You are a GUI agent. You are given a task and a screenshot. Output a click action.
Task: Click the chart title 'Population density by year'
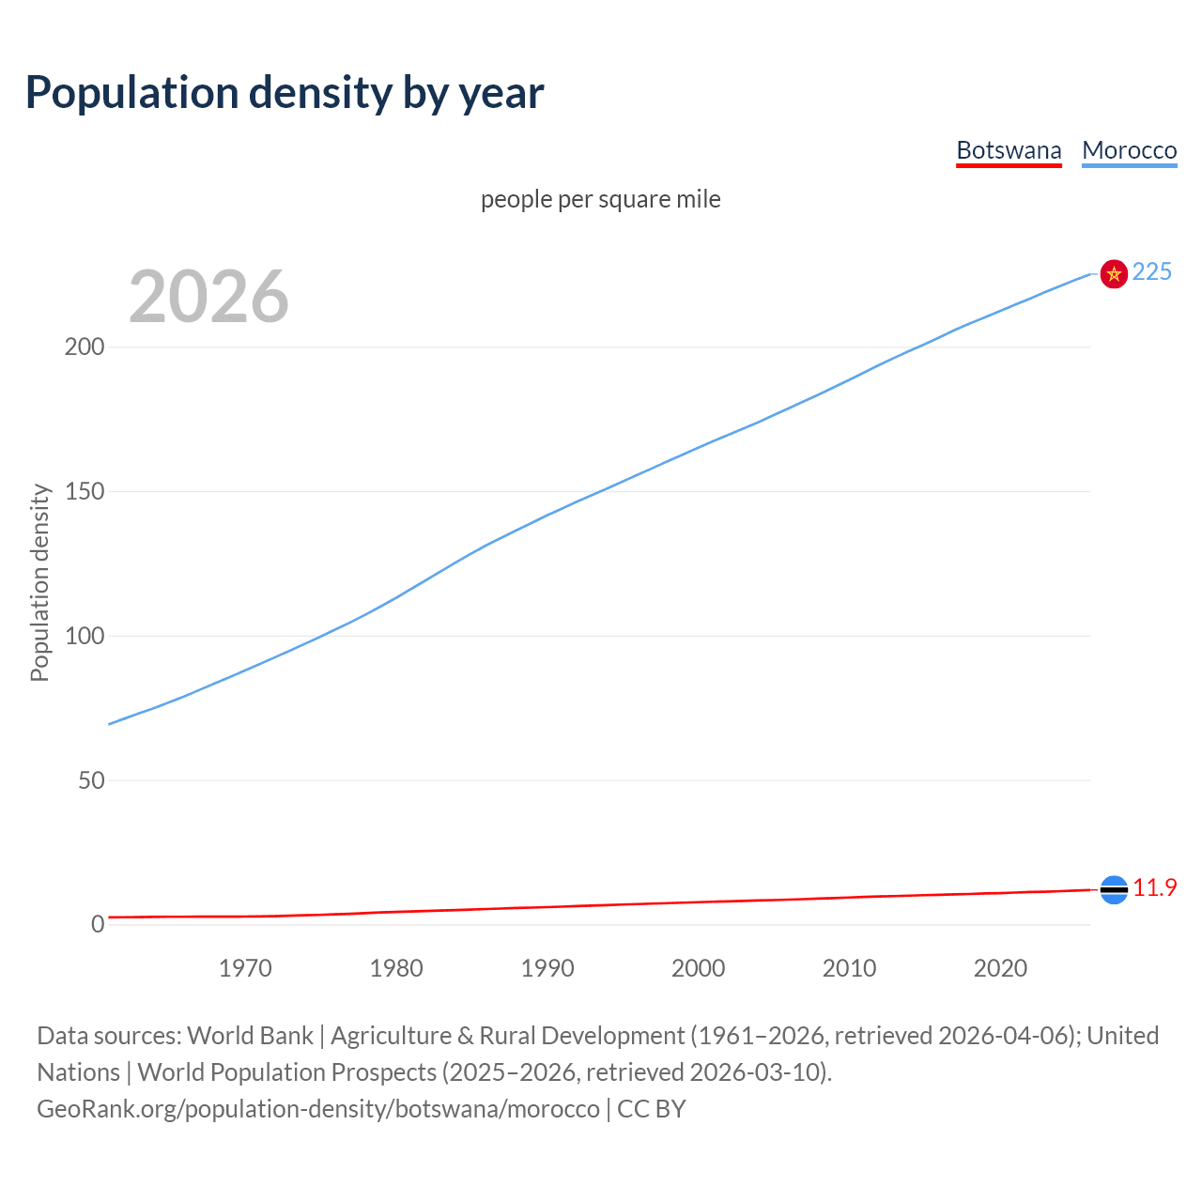pos(285,92)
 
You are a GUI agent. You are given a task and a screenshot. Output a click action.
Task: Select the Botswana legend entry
pos(1009,150)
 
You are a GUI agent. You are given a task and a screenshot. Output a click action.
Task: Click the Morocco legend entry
pos(1129,150)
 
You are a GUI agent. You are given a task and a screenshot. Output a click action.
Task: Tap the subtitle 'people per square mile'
pos(601,199)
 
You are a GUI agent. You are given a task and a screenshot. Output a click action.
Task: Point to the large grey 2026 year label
pos(208,297)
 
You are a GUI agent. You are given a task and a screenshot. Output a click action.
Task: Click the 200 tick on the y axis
pos(85,347)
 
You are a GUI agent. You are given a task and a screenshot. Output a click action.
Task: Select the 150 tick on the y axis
pos(85,491)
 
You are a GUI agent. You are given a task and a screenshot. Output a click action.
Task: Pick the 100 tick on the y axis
pos(85,636)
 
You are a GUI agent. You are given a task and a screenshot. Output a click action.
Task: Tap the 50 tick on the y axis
pos(91,780)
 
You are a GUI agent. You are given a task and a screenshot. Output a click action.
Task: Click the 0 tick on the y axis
pos(98,924)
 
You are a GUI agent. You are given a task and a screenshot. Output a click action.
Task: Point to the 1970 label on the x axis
pos(245,968)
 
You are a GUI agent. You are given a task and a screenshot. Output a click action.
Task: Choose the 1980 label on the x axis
pos(396,968)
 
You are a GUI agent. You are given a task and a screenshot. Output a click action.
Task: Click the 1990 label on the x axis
pos(547,968)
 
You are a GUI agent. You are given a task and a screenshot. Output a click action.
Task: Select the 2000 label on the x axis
pos(699,968)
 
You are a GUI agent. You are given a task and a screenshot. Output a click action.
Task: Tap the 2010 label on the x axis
pos(849,968)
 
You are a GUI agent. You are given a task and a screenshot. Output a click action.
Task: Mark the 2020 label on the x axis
pos(1000,968)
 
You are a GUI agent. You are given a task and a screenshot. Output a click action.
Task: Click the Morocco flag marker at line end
pos(1114,273)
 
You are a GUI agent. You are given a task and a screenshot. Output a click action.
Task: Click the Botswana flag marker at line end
pos(1114,889)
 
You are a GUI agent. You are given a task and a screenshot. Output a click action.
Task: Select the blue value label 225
pos(1152,271)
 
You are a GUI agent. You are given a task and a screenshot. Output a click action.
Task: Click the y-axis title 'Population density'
pos(39,582)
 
